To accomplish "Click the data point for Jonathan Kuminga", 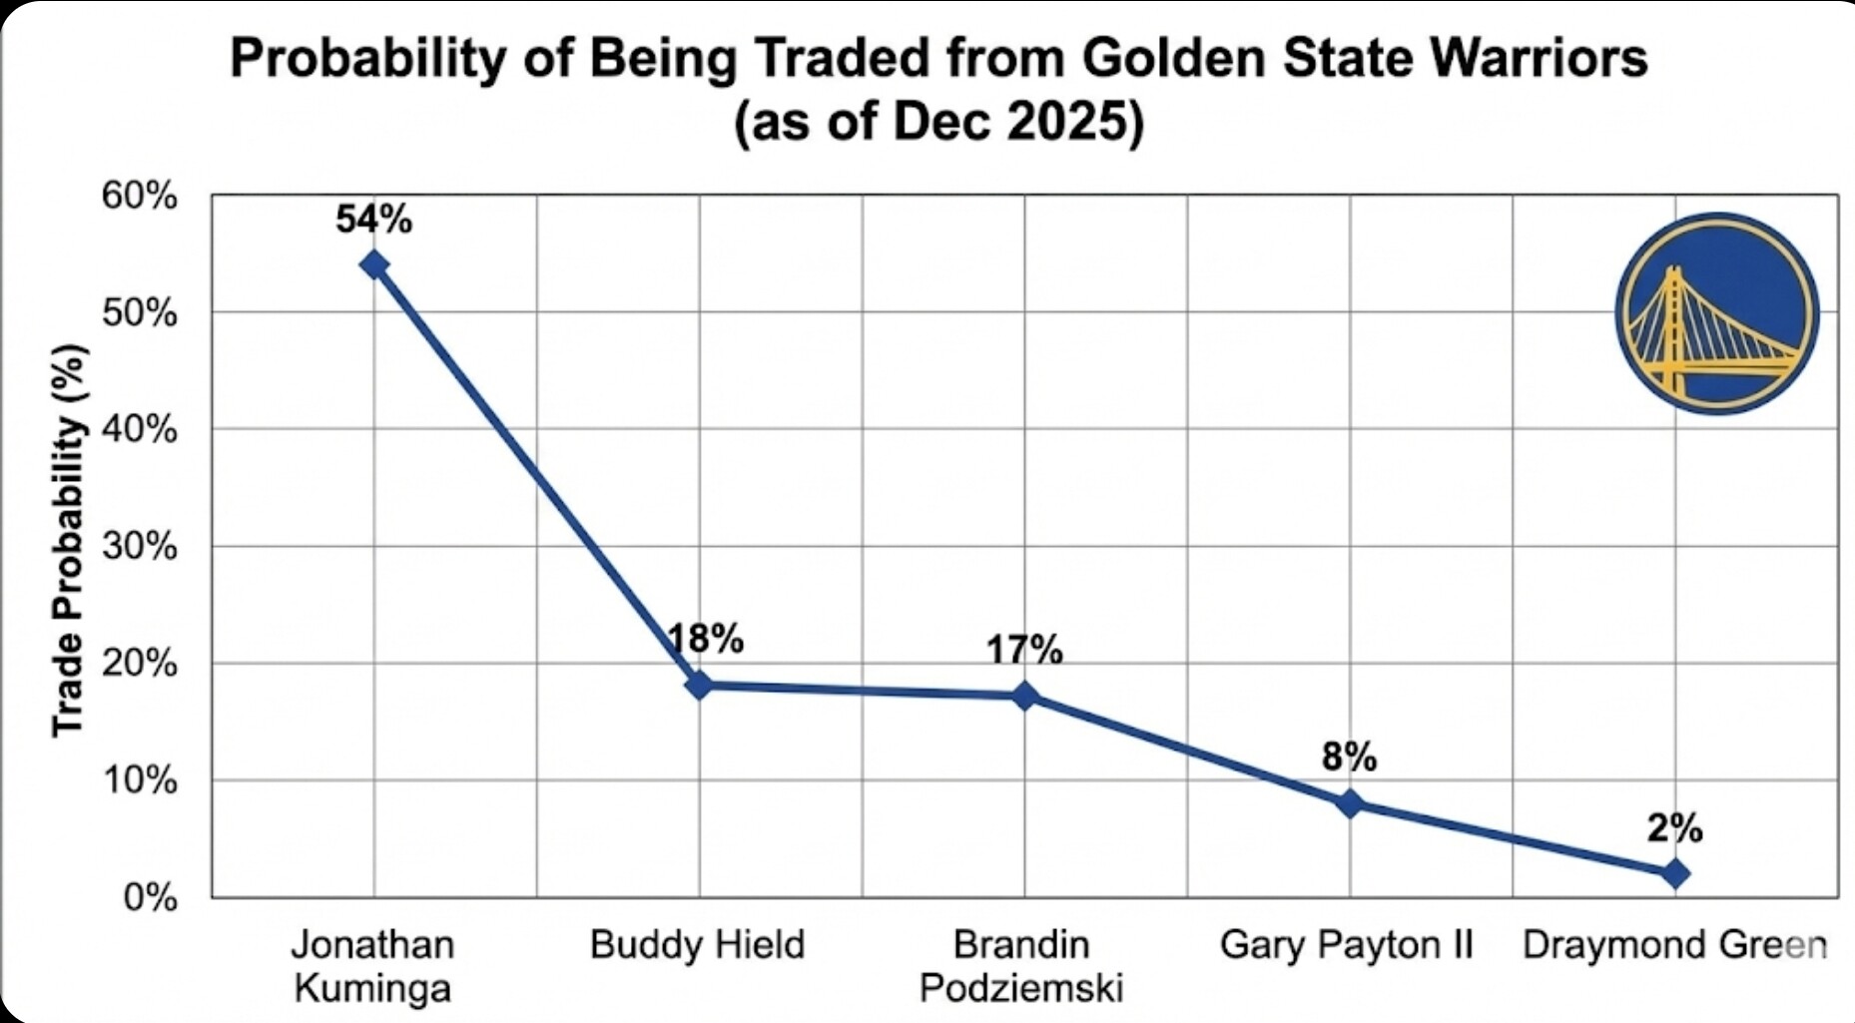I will tap(374, 264).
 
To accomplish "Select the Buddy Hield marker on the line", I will tap(699, 686).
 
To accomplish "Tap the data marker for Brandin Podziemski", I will tap(1024, 696).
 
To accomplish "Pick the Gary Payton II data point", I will tap(1349, 802).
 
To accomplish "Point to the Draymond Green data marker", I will tap(1674, 873).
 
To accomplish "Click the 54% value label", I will tap(373, 220).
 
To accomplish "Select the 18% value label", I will tap(706, 639).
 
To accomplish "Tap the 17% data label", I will tap(1024, 651).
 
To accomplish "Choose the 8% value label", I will tap(1349, 758).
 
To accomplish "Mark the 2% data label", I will tap(1674, 827).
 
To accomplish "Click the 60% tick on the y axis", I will tap(139, 197).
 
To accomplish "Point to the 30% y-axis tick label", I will tap(139, 547).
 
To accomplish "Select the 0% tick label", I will tap(150, 898).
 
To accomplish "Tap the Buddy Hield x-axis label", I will tap(697, 944).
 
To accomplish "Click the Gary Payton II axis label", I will tap(1346, 944).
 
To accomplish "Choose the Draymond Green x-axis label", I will tap(1674, 944).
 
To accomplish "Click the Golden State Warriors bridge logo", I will tap(1716, 313).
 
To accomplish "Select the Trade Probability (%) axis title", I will tap(68, 541).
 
